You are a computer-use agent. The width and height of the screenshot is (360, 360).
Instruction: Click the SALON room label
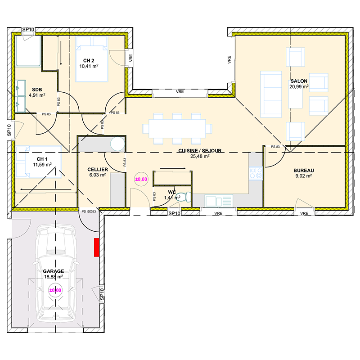(299, 81)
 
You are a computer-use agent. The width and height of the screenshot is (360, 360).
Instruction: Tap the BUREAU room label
(303, 171)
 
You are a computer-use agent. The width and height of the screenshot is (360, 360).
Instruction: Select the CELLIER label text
(98, 170)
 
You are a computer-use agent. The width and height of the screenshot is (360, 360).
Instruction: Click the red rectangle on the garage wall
(96, 247)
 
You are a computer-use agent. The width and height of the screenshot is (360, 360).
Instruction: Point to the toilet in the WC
(183, 197)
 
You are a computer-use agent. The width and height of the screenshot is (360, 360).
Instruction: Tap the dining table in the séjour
(177, 128)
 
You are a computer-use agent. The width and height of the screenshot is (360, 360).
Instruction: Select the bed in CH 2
(92, 59)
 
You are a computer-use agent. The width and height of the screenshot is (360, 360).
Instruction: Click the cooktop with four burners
(256, 173)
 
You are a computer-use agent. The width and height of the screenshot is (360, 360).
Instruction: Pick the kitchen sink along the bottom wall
(219, 201)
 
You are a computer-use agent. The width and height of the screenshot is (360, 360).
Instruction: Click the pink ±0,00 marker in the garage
(55, 290)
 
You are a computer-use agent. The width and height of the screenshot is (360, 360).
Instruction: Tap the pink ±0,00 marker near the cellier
(141, 179)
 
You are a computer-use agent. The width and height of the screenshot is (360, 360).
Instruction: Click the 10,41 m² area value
(89, 66)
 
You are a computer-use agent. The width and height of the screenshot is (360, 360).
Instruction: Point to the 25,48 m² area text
(200, 156)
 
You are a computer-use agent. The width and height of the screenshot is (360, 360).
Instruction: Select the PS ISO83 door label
(89, 211)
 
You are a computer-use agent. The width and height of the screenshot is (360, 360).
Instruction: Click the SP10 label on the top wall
(28, 30)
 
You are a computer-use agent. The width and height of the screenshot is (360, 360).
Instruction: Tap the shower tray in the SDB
(28, 51)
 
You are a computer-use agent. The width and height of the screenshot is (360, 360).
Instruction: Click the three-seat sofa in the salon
(271, 94)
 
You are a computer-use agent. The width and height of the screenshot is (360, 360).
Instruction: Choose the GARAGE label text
(54, 271)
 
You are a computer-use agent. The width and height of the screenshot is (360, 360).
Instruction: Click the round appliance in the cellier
(117, 144)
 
